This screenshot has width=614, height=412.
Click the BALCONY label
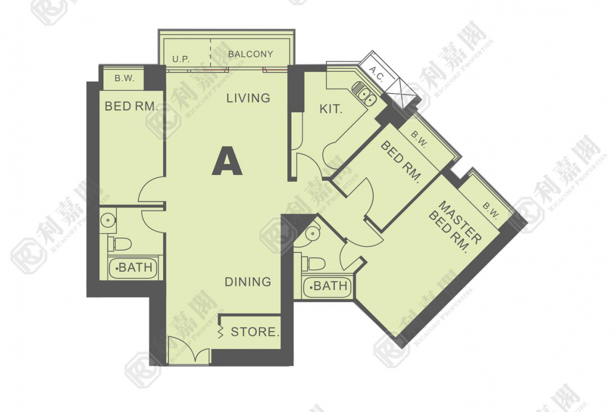click(x=250, y=54)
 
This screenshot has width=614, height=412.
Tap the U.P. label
click(x=181, y=59)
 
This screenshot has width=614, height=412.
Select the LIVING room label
click(x=248, y=98)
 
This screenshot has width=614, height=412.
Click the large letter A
click(x=227, y=161)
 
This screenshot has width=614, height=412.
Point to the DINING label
click(x=248, y=282)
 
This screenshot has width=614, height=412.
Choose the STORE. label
click(x=255, y=332)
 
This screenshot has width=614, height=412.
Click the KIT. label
click(x=331, y=109)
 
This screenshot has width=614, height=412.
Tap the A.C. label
click(x=377, y=73)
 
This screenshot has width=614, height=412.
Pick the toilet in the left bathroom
click(x=120, y=244)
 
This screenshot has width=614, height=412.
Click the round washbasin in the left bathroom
click(x=107, y=220)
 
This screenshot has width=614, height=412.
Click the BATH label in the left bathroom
click(x=134, y=268)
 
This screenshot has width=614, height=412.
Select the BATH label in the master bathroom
click(x=329, y=286)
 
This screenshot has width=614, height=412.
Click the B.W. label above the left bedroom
click(x=124, y=78)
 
